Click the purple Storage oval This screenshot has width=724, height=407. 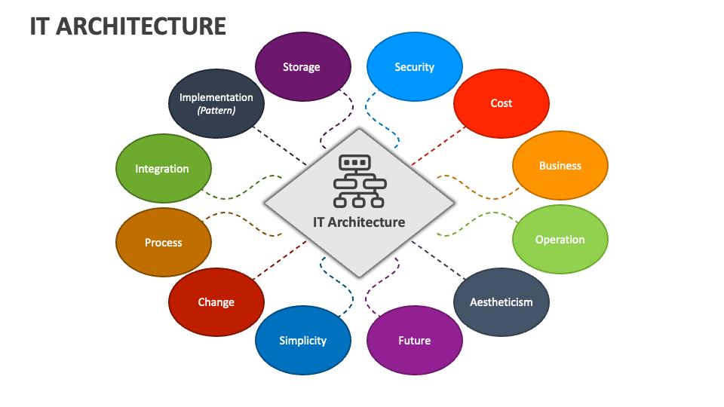coord(302,67)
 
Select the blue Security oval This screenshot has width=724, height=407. coord(414,67)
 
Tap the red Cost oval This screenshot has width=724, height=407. coord(501,103)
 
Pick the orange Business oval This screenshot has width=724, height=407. coord(560,166)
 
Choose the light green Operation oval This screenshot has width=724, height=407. coord(560,240)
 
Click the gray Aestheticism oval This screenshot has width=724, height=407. coord(501,302)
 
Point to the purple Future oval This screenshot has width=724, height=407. coord(414,341)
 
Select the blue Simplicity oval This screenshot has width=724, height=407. coord(302,341)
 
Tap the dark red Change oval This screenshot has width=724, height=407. coord(216,302)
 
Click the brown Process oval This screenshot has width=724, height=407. coord(163,243)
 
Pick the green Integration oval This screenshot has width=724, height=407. coord(162,169)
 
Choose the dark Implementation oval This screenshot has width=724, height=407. coord(216,96)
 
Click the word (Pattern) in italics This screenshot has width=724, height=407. coord(216,110)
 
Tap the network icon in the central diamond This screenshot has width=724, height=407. coord(359,182)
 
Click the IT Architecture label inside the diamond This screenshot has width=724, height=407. coord(359,222)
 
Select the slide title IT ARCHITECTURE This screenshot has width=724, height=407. coord(128,26)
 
